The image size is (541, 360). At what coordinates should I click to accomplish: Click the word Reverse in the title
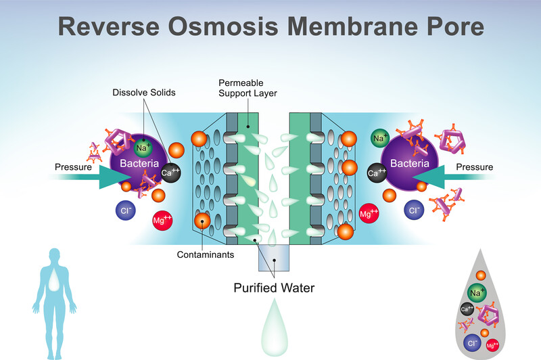tap(109, 26)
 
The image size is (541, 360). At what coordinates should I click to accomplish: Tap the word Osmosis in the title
tap(223, 26)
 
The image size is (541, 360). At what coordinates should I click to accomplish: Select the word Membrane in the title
tap(352, 26)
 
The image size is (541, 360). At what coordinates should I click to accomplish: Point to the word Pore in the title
tap(455, 26)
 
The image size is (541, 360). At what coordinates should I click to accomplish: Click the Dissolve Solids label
tap(144, 93)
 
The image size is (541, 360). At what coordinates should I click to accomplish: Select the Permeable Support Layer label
tap(248, 88)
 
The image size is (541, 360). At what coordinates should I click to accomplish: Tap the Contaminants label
tap(206, 254)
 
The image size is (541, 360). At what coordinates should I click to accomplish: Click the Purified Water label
tap(274, 288)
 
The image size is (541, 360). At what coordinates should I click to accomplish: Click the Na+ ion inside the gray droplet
tap(477, 293)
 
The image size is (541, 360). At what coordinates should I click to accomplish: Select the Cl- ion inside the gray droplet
tap(472, 343)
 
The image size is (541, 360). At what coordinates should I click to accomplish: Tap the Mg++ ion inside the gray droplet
tap(492, 345)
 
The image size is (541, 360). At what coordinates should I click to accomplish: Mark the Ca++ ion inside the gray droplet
tap(467, 309)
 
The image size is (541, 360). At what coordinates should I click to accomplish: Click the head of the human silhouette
tap(55, 255)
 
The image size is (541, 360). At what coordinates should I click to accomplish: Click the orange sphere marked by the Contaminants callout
tap(202, 221)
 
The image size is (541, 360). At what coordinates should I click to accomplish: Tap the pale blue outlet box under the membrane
tap(274, 258)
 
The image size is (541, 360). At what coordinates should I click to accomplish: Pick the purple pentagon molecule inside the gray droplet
tap(488, 315)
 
